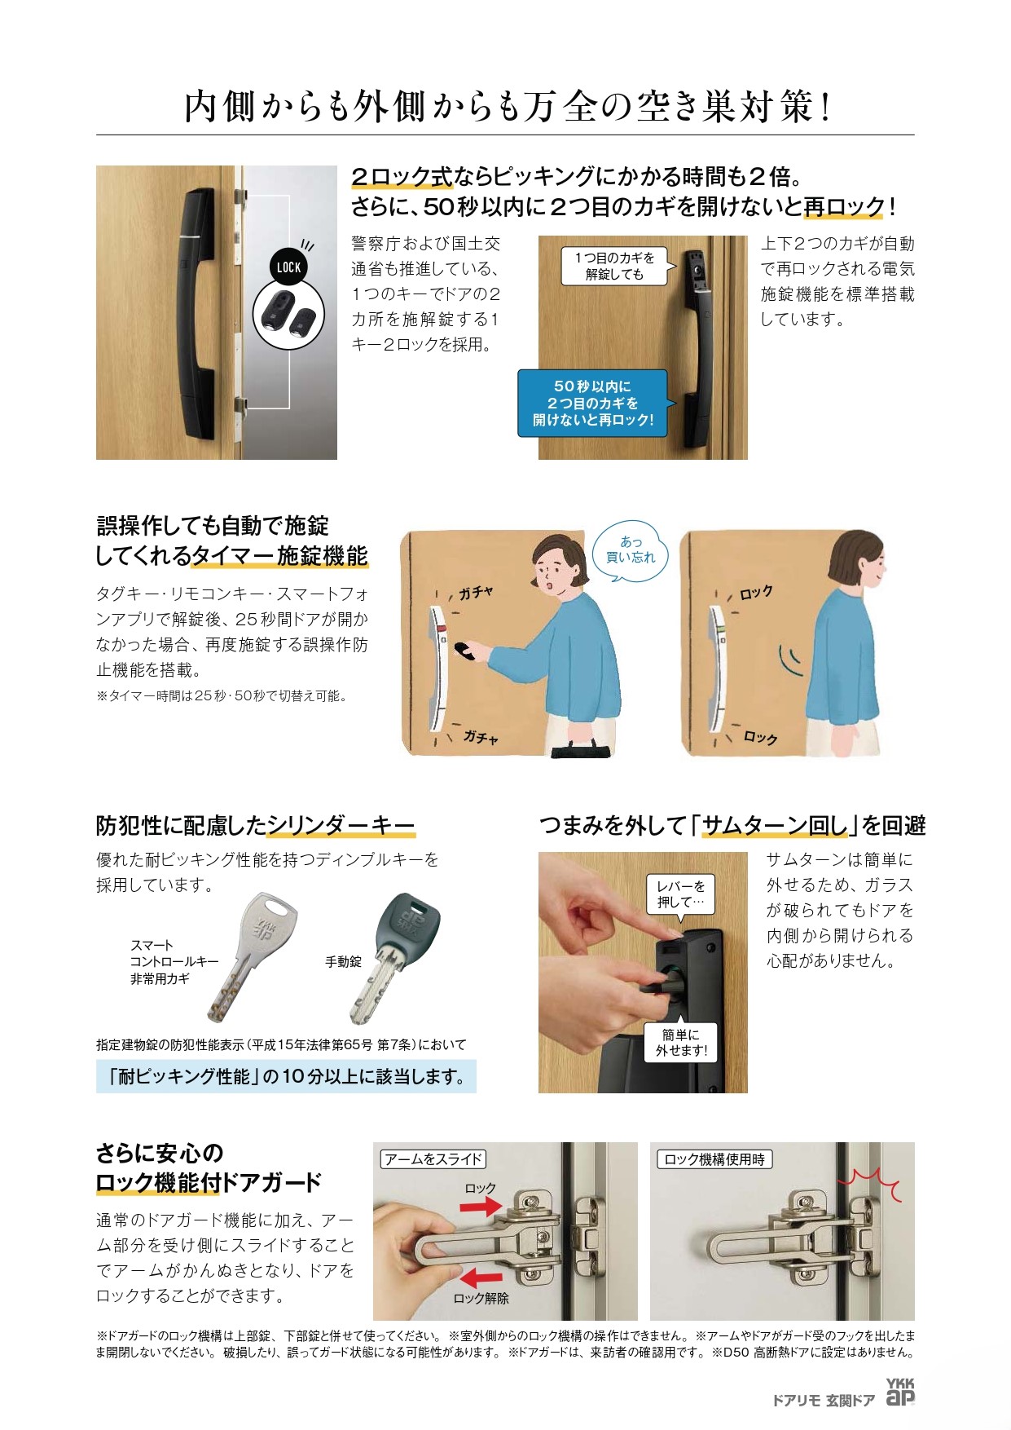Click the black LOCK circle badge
[288, 266]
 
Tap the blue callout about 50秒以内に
[593, 403]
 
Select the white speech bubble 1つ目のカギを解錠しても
[615, 266]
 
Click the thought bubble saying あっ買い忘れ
[630, 551]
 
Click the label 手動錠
[343, 962]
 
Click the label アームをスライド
[433, 1159]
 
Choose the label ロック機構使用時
[714, 1159]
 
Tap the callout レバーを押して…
[680, 894]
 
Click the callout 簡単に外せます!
[681, 1043]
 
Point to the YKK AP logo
[900, 1394]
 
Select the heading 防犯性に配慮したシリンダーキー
[256, 826]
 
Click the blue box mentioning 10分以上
[286, 1076]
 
